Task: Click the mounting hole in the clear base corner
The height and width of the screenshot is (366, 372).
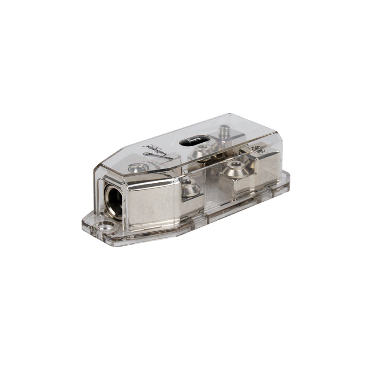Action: [105, 228]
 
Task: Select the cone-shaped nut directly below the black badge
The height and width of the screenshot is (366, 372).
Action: [202, 151]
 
